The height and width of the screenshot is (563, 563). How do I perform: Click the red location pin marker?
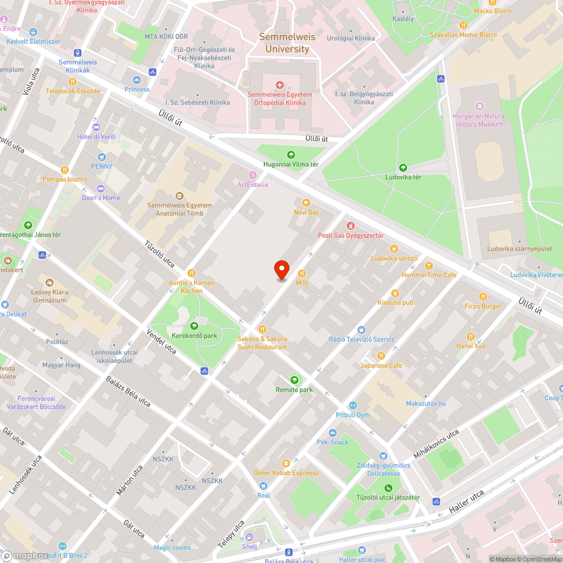281,270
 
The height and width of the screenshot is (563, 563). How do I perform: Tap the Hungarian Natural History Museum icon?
480,106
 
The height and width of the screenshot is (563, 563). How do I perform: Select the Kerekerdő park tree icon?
194,326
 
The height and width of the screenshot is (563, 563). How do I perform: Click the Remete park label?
294,390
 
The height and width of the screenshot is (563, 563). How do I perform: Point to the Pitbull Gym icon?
352,405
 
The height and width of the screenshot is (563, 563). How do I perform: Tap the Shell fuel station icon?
249,537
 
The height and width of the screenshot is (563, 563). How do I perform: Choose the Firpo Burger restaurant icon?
482,297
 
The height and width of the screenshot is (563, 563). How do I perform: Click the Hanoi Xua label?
471,346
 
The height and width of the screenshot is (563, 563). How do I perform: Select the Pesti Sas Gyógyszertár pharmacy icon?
350,226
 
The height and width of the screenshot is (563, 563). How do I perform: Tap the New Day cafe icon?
306,203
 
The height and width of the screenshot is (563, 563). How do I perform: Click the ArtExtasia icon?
252,175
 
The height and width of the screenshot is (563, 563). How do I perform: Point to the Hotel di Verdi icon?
96,127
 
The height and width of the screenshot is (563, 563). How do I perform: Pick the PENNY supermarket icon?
102,157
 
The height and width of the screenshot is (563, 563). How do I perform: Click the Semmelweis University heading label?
287,43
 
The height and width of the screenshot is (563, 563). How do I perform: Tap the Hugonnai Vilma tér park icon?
291,155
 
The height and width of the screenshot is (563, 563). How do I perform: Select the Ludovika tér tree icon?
403,168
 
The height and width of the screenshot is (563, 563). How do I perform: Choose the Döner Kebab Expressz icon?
286,463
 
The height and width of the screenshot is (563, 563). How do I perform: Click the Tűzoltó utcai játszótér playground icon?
388,488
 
